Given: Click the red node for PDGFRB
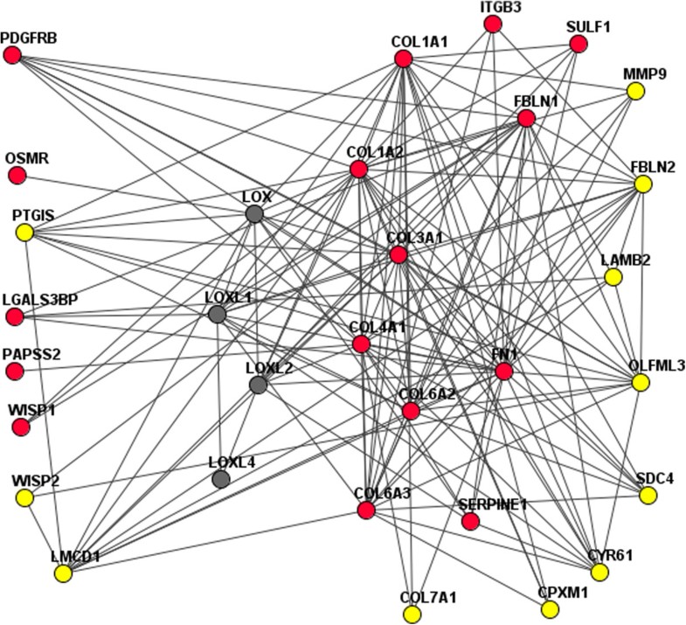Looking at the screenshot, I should pos(12,55).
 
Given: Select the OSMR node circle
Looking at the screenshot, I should pos(17,176).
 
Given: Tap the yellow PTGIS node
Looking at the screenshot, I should pos(24,233).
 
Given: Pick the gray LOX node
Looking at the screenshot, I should pos(254,214).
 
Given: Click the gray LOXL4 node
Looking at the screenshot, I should pos(221,478).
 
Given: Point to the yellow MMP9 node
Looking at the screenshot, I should pos(635,90).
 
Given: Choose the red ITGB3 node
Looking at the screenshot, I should pos(493,24).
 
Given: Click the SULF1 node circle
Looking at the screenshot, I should pos(578,43).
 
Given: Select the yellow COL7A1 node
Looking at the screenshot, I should pos(412,615).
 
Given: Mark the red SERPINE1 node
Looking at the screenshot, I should pos(470,522).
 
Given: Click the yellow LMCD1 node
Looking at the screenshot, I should pos(63,573).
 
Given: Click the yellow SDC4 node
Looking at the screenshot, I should pos(648,496).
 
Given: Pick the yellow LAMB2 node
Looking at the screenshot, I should pos(613,277).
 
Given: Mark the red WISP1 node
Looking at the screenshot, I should pos(21,427).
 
